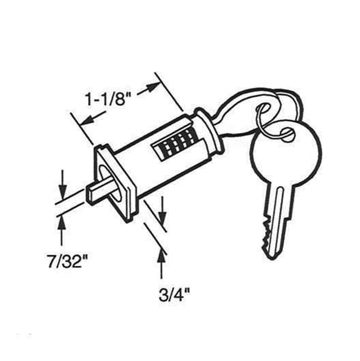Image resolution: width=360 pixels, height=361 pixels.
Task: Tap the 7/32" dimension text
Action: pos(67,261)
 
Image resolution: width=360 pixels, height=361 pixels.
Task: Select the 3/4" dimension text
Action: pos(174,295)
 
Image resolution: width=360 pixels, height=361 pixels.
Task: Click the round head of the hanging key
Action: pos(286,153)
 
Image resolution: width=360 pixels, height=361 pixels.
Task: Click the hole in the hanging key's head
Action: pos(287,134)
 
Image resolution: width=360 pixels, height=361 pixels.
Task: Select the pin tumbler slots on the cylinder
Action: pos(175,145)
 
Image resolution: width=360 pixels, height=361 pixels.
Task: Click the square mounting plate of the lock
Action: pos(115,182)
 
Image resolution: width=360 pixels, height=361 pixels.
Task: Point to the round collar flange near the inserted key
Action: pos(208,131)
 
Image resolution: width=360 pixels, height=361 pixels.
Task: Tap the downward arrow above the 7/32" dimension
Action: pos(62,185)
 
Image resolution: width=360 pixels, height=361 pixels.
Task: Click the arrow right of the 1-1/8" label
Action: pos(149,88)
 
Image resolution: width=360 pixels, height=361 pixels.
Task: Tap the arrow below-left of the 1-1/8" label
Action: pos(94,118)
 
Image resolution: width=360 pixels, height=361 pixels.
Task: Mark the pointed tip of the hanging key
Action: pos(272,260)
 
